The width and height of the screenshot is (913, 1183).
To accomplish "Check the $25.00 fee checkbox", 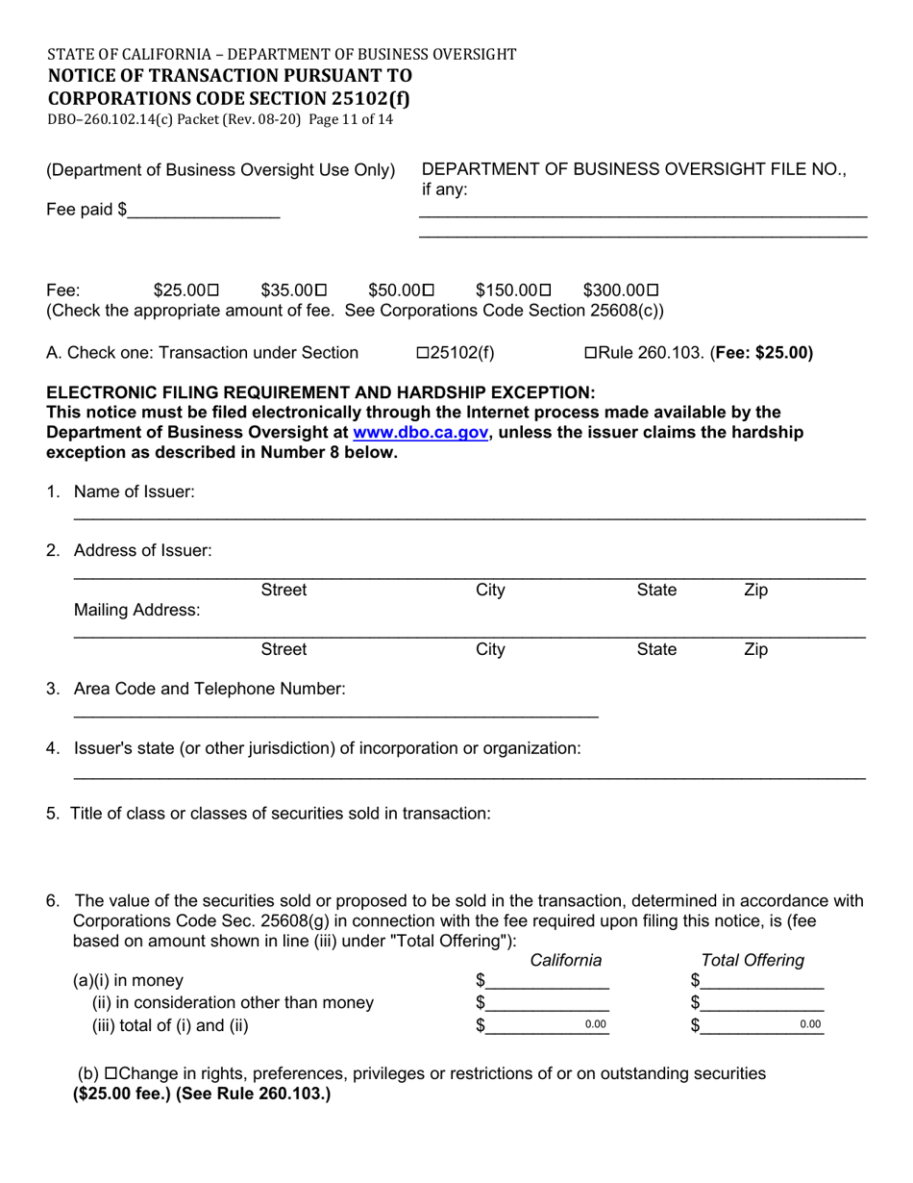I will click(213, 290).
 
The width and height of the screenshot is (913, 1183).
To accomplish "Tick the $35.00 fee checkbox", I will click(321, 290).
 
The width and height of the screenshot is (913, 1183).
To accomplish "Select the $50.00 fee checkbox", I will click(429, 290).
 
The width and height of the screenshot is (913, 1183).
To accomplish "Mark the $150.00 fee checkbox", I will click(546, 290).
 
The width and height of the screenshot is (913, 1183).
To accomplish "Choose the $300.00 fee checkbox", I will click(654, 290).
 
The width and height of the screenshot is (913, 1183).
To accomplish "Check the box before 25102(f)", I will click(422, 353).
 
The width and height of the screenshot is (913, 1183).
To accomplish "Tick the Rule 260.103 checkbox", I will click(590, 353).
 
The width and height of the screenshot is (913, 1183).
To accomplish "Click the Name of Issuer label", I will click(134, 492).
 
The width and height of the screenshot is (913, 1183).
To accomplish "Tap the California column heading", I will click(566, 960).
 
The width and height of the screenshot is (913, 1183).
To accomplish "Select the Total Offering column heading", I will click(753, 960).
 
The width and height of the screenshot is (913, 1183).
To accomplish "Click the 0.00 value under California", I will click(596, 1025).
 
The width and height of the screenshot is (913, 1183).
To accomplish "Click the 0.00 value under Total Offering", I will click(810, 1025).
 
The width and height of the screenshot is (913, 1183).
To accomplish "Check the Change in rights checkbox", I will click(111, 1073).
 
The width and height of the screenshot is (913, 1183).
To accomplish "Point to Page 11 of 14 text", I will click(352, 120).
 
